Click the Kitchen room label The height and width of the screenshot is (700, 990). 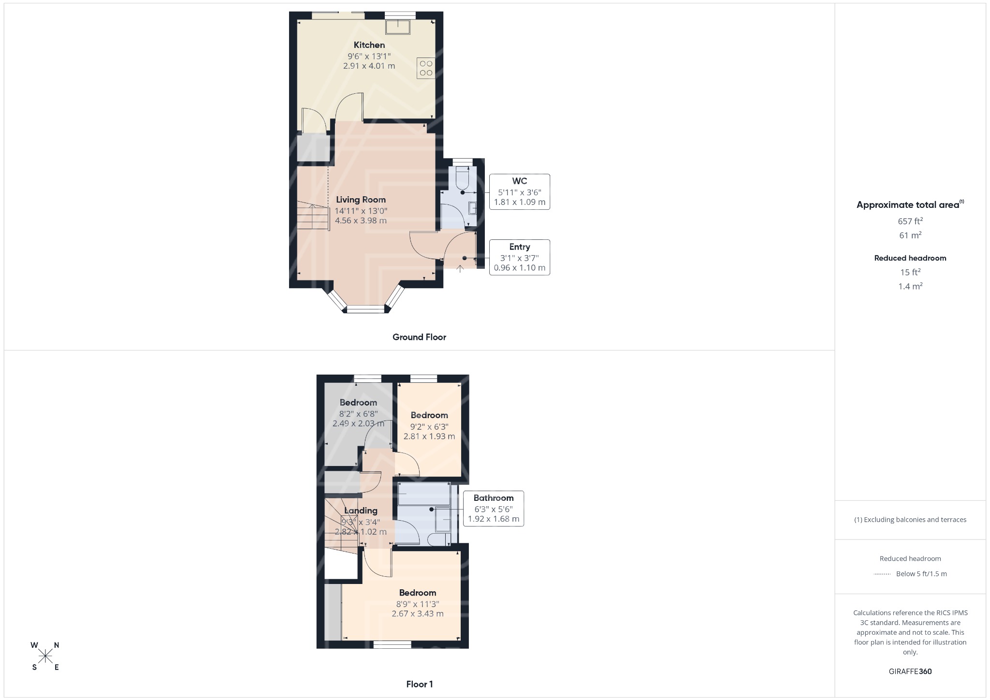point(369,45)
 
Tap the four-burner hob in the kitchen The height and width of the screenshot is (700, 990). point(426,68)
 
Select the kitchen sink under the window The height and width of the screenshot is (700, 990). point(397,27)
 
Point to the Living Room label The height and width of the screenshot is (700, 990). point(361,200)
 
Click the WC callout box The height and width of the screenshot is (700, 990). point(520,191)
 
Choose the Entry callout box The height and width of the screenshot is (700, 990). point(520,257)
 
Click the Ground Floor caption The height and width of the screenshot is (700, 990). point(419,337)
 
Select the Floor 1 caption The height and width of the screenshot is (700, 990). point(420,684)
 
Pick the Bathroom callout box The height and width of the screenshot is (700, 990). point(494,509)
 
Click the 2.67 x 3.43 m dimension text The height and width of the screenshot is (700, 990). point(418,613)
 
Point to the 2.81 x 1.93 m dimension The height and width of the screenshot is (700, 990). point(429,436)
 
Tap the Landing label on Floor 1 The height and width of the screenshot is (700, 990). point(361,510)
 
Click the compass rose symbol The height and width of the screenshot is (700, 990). point(45,656)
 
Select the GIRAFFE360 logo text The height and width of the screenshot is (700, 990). point(910,671)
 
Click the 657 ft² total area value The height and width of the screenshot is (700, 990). point(910,221)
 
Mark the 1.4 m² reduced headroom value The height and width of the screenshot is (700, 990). point(910,286)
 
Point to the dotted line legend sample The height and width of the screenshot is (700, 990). point(882,574)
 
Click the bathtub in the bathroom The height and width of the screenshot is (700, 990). point(424,494)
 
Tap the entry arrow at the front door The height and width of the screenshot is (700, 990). point(460,267)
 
